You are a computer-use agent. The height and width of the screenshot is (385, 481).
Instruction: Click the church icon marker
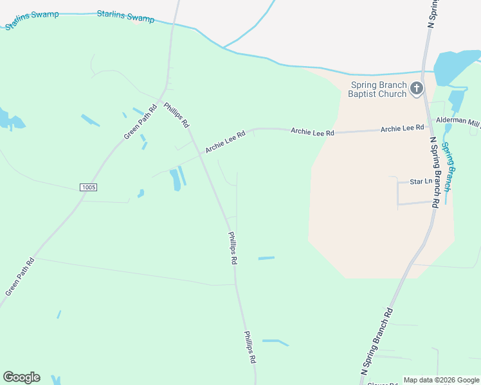pyautogui.click(x=416, y=88)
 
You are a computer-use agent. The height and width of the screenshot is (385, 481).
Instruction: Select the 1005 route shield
pyautogui.click(x=89, y=187)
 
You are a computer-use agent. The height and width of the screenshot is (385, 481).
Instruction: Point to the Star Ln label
pyautogui.click(x=421, y=182)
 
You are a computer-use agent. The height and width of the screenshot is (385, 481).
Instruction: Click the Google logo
pyautogui.click(x=21, y=377)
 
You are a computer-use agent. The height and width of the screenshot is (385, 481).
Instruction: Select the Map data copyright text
pyautogui.click(x=441, y=380)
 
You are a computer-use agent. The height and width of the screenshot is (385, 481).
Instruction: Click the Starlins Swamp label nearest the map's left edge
pyautogui.click(x=32, y=20)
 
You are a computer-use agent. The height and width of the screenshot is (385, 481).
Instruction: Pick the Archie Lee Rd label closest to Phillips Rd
pyautogui.click(x=226, y=142)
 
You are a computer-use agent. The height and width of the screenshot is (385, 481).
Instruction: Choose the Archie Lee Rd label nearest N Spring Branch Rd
pyautogui.click(x=402, y=129)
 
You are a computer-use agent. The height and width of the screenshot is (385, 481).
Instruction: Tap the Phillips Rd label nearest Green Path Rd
pyautogui.click(x=176, y=114)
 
